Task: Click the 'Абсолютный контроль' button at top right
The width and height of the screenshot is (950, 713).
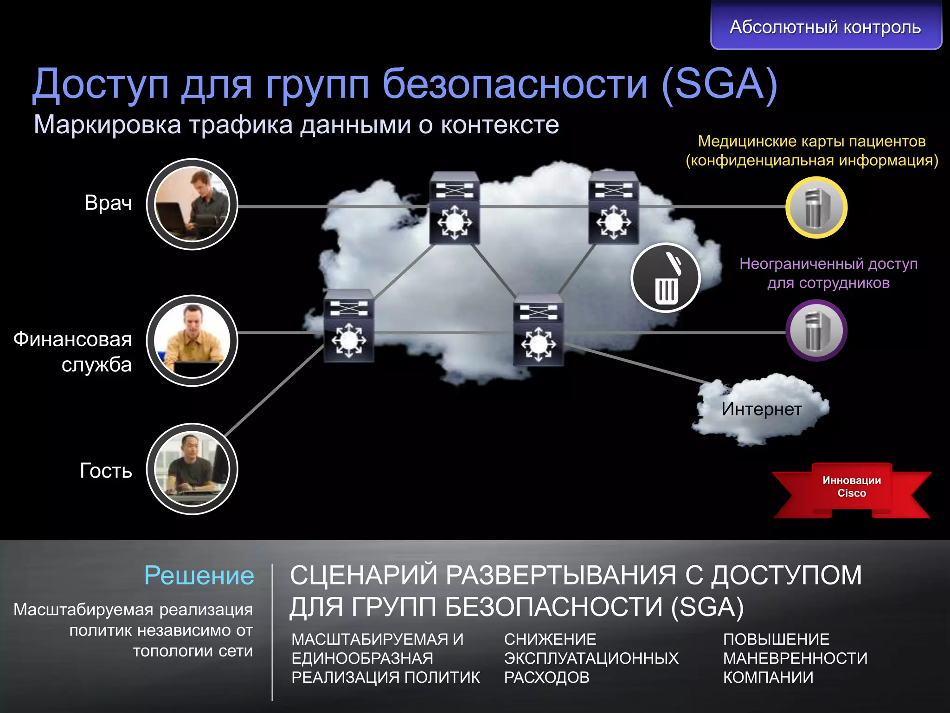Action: [x=826, y=27]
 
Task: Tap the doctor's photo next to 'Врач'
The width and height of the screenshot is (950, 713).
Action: [x=192, y=204]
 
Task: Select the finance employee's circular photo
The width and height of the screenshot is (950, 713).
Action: [x=192, y=341]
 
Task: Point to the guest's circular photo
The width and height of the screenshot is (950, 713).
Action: [x=192, y=469]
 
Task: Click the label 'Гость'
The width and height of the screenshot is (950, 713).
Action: [x=106, y=471]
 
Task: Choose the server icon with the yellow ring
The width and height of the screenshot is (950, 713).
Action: [x=816, y=207]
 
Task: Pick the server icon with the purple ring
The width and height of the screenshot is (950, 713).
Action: [x=816, y=331]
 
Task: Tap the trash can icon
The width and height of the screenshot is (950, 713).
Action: [x=666, y=278]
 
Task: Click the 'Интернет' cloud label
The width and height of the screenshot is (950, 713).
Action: [x=761, y=409]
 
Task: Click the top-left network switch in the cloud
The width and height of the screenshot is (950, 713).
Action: [x=455, y=208]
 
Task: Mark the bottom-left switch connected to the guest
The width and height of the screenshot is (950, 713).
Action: [x=349, y=326]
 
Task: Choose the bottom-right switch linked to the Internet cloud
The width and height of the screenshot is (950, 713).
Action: [x=538, y=330]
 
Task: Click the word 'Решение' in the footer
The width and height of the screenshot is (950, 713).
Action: [x=199, y=576]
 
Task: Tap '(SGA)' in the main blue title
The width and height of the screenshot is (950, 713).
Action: [x=719, y=84]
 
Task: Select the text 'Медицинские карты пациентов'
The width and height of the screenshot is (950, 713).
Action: [x=812, y=141]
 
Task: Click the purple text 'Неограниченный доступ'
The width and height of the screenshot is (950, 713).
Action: [x=828, y=264]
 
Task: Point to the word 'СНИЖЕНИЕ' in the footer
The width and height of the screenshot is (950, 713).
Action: [x=550, y=639]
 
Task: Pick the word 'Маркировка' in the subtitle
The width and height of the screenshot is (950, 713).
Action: [x=107, y=124]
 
